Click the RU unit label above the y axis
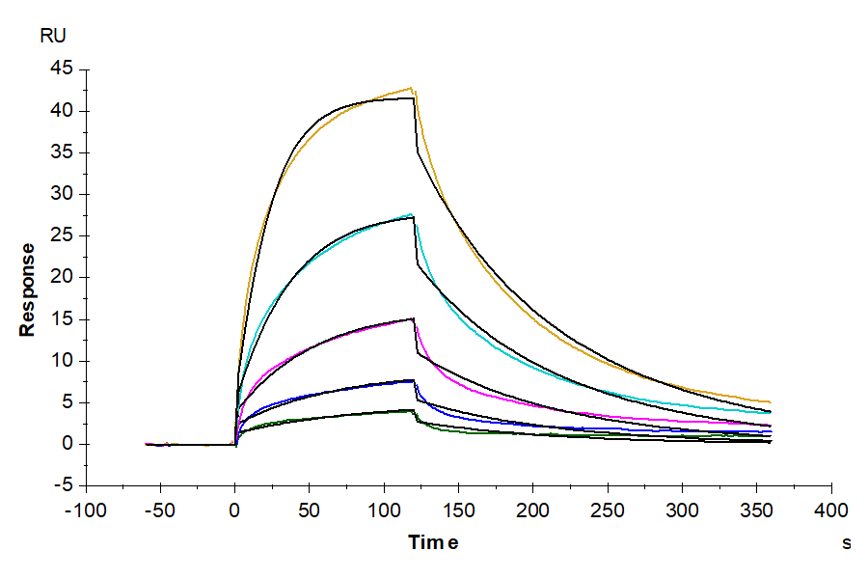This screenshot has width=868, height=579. pyautogui.click(x=53, y=37)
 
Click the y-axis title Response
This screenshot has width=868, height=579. pyautogui.click(x=28, y=289)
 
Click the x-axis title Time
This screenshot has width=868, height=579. pyautogui.click(x=433, y=542)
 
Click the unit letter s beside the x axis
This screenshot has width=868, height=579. pyautogui.click(x=846, y=543)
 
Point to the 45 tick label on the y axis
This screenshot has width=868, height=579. pyautogui.click(x=62, y=69)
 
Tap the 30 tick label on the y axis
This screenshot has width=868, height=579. pyautogui.click(x=62, y=194)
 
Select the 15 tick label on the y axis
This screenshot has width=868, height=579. pyautogui.click(x=62, y=319)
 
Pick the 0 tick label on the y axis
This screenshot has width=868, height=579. pyautogui.click(x=67, y=444)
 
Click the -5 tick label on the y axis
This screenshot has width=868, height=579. pyautogui.click(x=63, y=485)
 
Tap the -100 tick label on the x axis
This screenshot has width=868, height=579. pyautogui.click(x=86, y=510)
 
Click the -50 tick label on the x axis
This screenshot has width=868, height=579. pyautogui.click(x=161, y=510)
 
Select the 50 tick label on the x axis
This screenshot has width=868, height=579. pyautogui.click(x=310, y=510)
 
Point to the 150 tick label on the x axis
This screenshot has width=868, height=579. pyautogui.click(x=459, y=510)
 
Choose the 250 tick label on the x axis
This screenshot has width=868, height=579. pyautogui.click(x=609, y=510)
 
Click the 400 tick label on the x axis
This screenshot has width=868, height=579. pyautogui.click(x=831, y=510)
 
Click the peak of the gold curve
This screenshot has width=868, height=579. pyautogui.click(x=411, y=88)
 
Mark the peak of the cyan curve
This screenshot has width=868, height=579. pyautogui.click(x=411, y=214)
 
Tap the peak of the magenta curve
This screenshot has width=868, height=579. pyautogui.click(x=413, y=319)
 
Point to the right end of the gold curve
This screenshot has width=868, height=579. pyautogui.click(x=770, y=402)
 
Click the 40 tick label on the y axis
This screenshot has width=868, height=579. pyautogui.click(x=62, y=111)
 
